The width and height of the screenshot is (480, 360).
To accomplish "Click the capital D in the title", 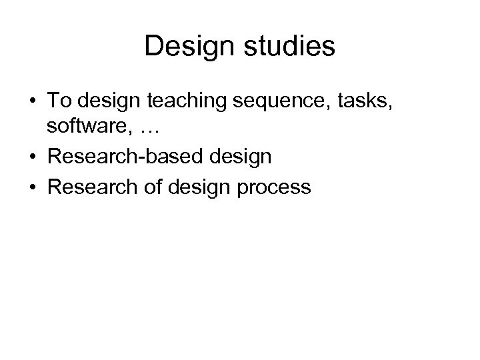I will point(152,47).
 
